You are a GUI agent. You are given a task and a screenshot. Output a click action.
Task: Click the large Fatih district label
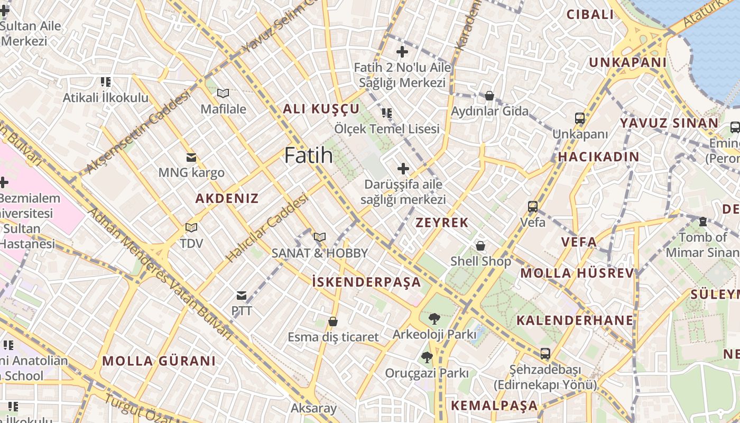pos(309,155)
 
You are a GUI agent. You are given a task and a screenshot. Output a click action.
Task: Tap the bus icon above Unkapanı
pos(580,118)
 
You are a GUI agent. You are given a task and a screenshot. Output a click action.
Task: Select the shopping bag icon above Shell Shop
pos(480,246)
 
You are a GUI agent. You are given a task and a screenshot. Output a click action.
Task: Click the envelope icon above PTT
pos(242,296)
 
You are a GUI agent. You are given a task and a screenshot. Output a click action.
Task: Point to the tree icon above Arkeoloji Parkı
pos(434,318)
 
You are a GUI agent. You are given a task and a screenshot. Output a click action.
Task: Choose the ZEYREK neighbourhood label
pos(442,223)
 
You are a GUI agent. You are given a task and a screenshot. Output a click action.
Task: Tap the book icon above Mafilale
pos(223,94)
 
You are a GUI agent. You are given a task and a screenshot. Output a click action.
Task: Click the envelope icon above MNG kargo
pos(191,158)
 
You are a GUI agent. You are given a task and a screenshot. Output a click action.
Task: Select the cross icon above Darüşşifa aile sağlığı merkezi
pos(403,169)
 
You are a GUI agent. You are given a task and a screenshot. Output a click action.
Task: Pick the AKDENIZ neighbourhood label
pos(227,199)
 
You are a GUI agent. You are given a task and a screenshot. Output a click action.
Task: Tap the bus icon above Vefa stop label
pos(533,207)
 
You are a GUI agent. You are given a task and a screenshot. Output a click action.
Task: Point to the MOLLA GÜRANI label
pos(159,362)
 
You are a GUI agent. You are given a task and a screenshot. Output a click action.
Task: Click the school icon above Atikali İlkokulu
pos(106,82)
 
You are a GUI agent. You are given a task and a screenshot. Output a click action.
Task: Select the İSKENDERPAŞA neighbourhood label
pos(366,282)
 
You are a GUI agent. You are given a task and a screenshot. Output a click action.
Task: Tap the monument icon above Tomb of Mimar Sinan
pos(703,222)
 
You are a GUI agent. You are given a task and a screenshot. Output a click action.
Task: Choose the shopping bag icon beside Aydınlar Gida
pos(489,96)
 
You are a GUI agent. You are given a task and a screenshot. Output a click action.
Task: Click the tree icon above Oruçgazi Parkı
pos(427,357)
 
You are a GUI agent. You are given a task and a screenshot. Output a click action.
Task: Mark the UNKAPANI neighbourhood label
pos(627,62)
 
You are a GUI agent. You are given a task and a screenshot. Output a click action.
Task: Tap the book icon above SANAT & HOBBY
pos(319,237)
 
